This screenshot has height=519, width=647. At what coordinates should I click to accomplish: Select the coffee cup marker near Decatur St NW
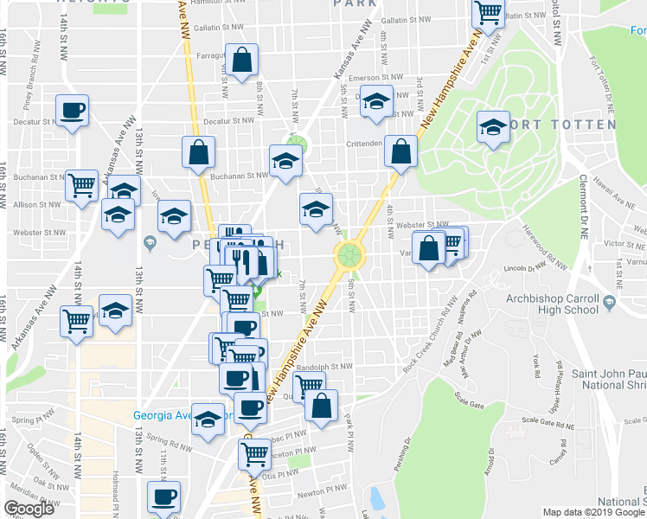click(71, 111)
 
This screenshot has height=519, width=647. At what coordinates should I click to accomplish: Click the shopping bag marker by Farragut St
click(242, 61)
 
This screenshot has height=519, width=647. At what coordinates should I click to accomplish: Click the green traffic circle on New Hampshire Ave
click(349, 254)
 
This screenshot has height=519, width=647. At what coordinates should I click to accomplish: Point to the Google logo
click(29, 509)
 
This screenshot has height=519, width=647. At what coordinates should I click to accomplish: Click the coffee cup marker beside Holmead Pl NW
click(163, 497)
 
